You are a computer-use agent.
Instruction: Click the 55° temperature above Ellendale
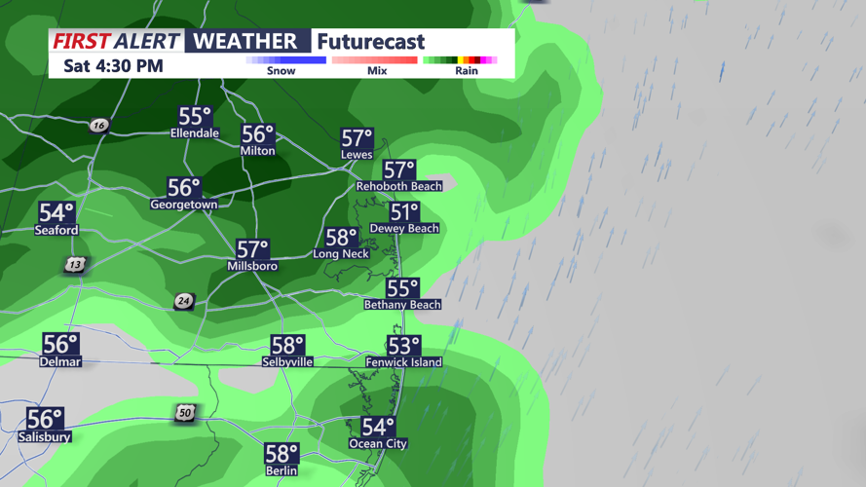pos(195,117)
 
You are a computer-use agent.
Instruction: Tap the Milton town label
pos(257,151)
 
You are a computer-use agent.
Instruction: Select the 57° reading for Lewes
pos(357,138)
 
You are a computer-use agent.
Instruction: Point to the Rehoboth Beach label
pos(398,185)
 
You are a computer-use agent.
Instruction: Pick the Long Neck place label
pos(340,254)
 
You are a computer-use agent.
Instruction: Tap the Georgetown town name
pos(183,205)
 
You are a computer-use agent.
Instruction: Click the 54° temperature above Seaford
pos(56,213)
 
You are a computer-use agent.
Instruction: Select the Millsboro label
pos(252,266)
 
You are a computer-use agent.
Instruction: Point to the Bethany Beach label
pos(402,305)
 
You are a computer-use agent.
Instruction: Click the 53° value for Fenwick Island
pos(403,346)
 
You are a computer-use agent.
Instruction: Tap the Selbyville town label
pos(287,361)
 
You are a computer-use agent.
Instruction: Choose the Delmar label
pos(60,361)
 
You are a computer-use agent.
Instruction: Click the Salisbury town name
pos(44,437)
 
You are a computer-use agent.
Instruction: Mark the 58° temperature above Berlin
pos(282,454)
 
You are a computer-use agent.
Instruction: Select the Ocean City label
pos(378,444)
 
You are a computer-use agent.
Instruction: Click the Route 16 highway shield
pos(98,126)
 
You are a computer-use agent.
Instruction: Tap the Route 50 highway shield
pos(185,413)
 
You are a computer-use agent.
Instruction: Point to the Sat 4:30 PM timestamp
pos(113,66)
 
